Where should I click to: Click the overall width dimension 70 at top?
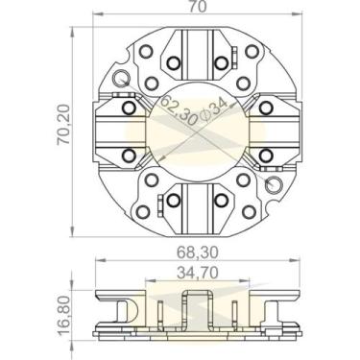pyautogui.click(x=197, y=9)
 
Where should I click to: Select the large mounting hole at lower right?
pyautogui.click(x=276, y=182)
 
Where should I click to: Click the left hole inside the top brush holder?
pyautogui.click(x=174, y=63)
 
